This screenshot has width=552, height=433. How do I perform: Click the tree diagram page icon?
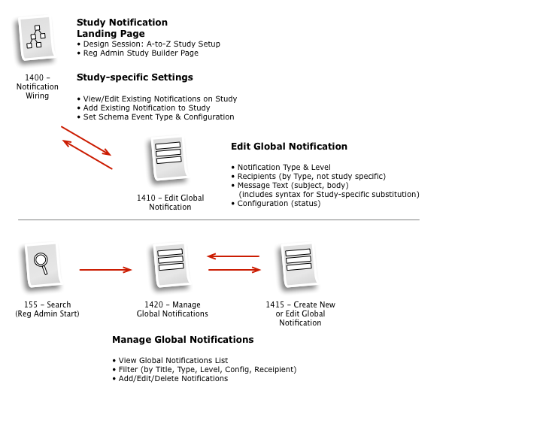click(x=36, y=37)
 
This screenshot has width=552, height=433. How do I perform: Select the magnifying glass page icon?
click(x=43, y=264)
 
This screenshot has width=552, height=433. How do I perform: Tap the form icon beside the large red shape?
click(x=168, y=157)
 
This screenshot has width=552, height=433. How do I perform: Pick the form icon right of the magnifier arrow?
click(x=171, y=264)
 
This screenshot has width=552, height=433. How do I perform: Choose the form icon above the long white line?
click(x=299, y=263)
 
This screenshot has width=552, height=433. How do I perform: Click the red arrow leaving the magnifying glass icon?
click(x=104, y=270)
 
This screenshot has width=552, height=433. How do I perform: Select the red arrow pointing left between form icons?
click(x=235, y=256)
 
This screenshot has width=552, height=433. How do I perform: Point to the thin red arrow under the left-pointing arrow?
click(x=235, y=270)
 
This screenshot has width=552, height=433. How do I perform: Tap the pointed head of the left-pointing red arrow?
click(x=209, y=256)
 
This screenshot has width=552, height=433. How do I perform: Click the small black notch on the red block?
click(x=141, y=199)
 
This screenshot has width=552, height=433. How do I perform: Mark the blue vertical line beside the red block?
click(x=145, y=198)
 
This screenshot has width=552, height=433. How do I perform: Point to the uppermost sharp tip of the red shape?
click(x=62, y=126)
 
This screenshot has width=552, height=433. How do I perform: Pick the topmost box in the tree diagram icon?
click(x=37, y=28)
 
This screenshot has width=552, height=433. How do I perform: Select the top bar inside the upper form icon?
click(x=168, y=146)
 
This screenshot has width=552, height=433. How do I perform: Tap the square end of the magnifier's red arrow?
click(x=128, y=270)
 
